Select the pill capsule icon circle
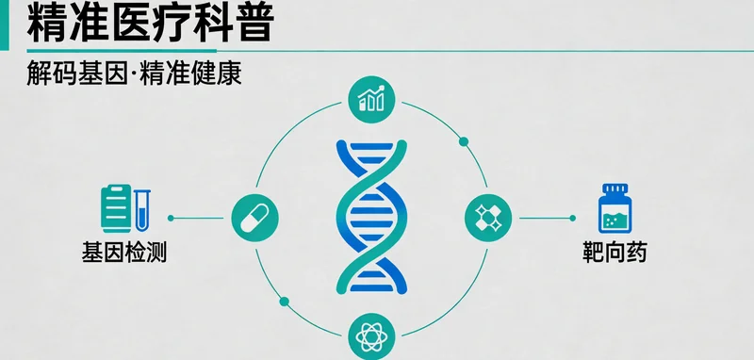click(254, 217)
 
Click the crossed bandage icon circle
click(488, 218)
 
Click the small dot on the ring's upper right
click(463, 143)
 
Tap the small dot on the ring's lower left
click(284, 302)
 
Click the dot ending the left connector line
click(169, 218)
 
